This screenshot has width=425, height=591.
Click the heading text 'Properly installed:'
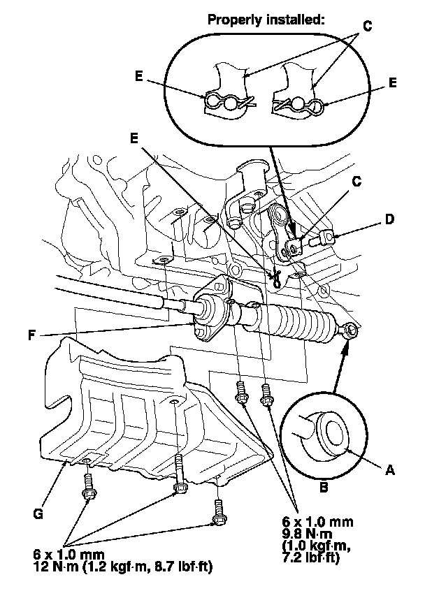click(266, 20)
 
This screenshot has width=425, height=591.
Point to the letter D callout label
click(389, 219)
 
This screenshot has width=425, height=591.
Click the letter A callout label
click(389, 471)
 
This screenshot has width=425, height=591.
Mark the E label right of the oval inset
click(393, 82)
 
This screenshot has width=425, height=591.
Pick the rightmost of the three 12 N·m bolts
click(219, 515)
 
